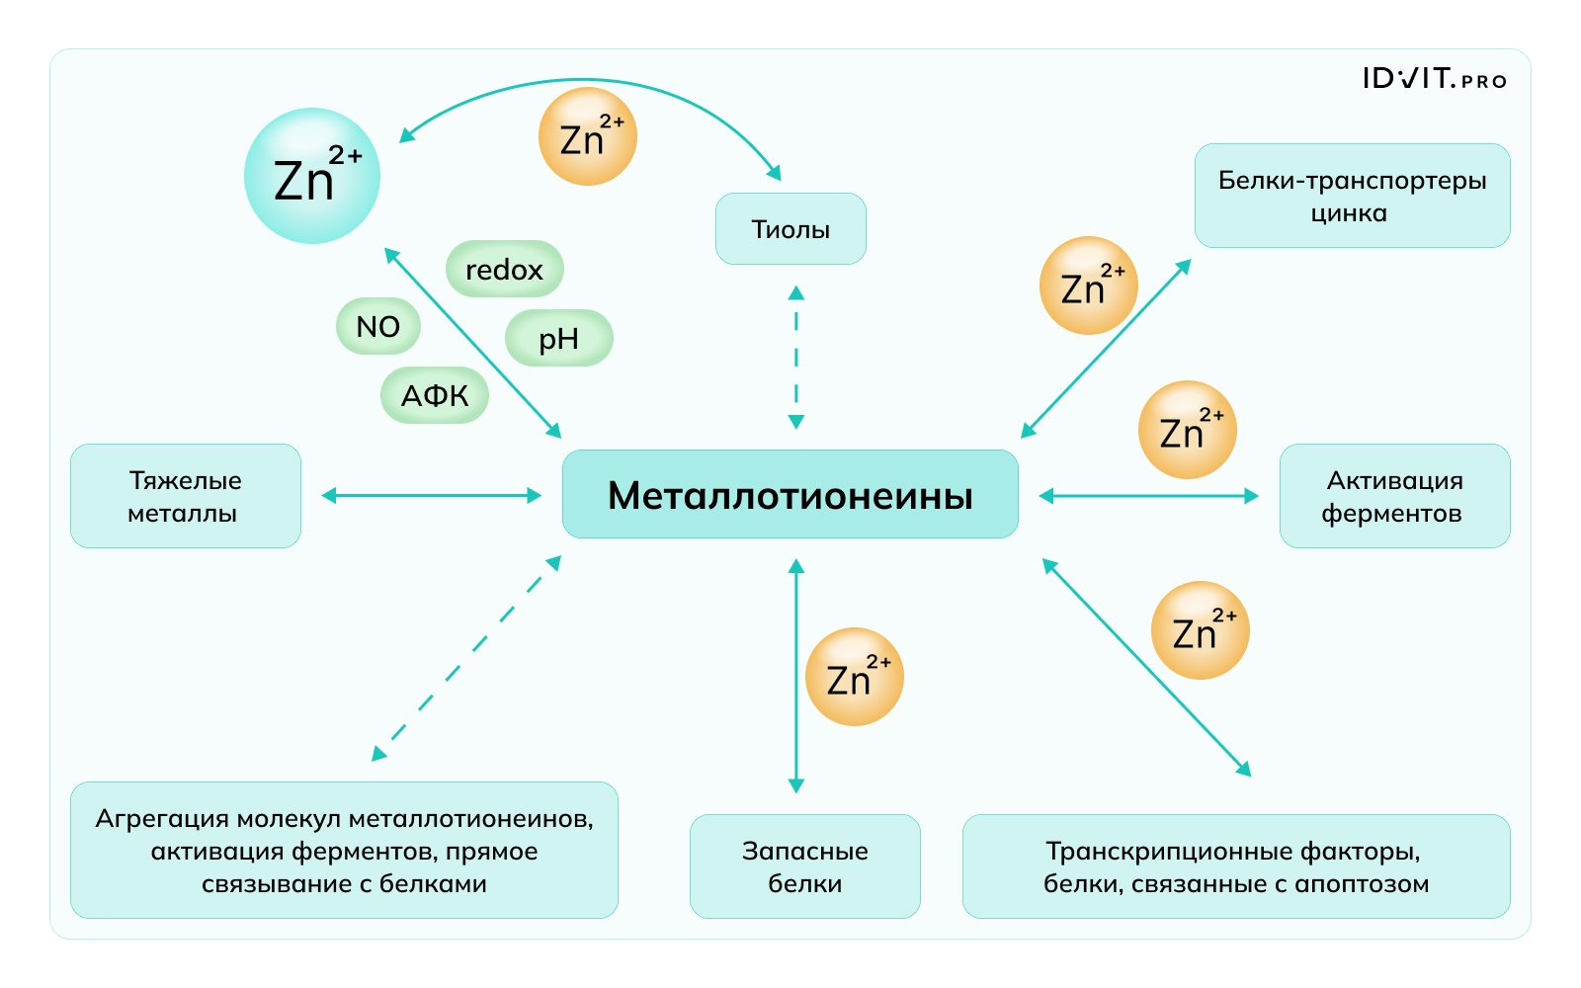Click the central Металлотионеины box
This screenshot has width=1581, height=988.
tap(790, 494)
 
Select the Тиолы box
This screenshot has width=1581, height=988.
tap(790, 229)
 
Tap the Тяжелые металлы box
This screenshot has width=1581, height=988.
tap(185, 496)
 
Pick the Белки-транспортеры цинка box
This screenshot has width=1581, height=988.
tap(1352, 196)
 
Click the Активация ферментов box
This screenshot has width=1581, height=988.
tap(1394, 496)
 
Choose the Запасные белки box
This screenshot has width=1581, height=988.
tap(804, 866)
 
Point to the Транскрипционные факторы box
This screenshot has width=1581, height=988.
tap(1236, 866)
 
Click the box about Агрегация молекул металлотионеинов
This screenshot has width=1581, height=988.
tap(344, 851)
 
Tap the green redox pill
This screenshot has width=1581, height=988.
tap(504, 269)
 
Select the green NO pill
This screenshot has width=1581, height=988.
tap(378, 326)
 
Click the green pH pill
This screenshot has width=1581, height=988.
tap(558, 339)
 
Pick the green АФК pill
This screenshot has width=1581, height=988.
tap(435, 395)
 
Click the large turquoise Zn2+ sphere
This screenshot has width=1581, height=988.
tap(312, 176)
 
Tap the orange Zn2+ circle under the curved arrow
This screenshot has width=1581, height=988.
tap(587, 136)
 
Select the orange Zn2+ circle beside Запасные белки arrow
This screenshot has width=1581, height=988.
tap(855, 677)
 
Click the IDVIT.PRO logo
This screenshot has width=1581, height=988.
tap(1434, 79)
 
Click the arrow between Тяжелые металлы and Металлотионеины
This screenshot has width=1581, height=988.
tap(432, 495)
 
